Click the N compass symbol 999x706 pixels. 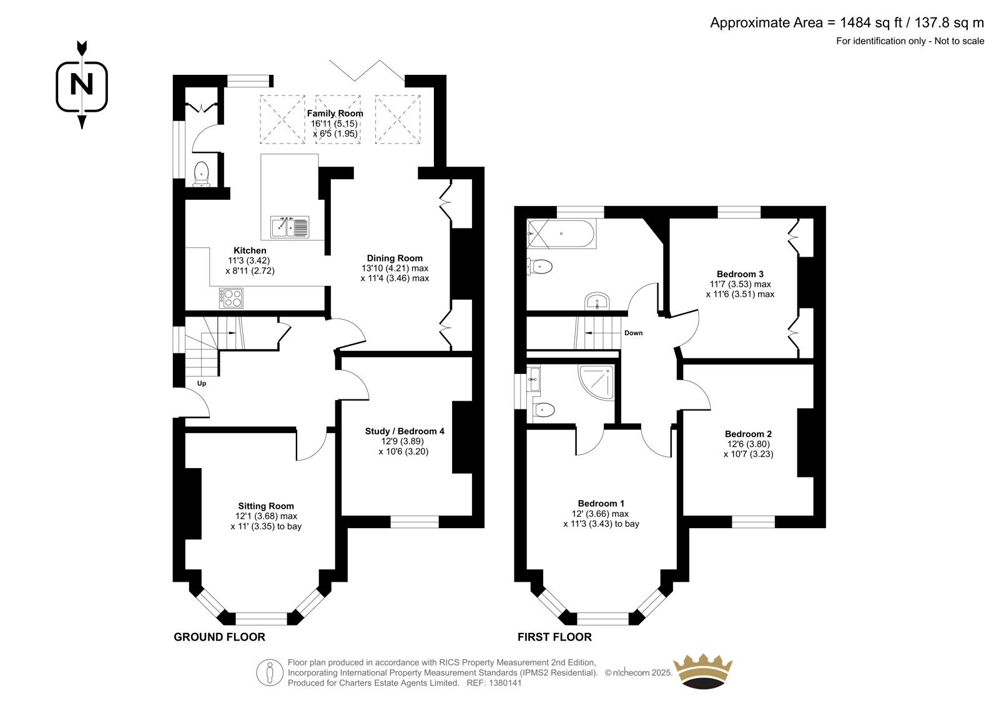point(82,85)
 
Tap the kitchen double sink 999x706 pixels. point(290,227)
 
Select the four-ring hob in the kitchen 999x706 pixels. point(231,298)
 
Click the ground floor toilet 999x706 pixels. point(201,174)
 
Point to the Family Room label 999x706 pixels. point(335,113)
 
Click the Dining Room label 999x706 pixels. point(395,258)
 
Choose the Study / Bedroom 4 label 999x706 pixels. point(405,431)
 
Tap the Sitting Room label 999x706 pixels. point(266,506)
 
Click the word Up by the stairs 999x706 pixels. point(202,383)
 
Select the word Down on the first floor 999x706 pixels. point(633,333)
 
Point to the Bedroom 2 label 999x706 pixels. point(749,433)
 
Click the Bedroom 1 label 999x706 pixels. point(601,503)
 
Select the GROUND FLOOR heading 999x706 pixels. point(219,637)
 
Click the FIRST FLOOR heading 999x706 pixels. point(555,637)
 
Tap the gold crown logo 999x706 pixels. point(703,671)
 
